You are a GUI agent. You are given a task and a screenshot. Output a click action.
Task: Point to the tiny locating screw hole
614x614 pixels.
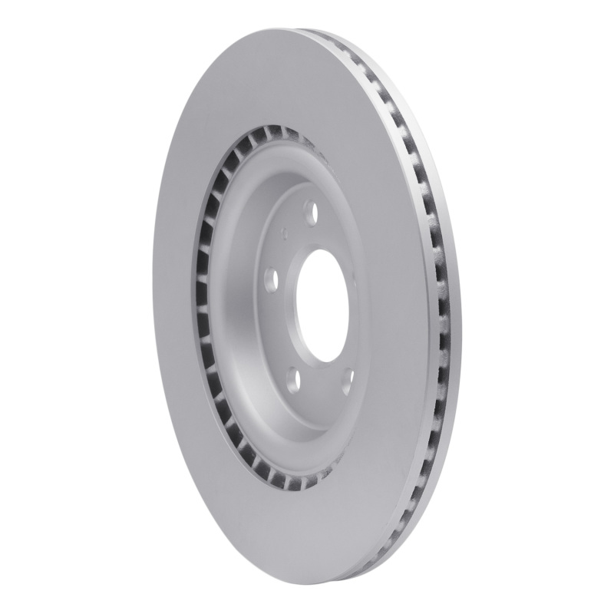click(x=285, y=229)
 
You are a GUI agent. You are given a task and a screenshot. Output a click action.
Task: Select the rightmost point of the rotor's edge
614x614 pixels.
click(x=462, y=322)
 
